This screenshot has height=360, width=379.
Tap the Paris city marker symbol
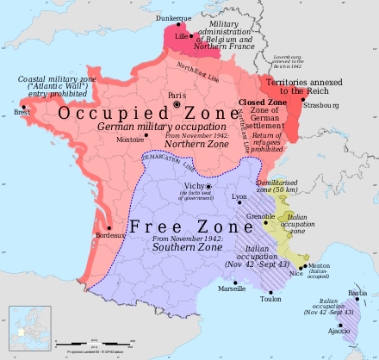pos(177,104)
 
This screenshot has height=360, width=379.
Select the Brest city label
pos(21,112)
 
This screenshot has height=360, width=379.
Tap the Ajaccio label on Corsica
pos(339,331)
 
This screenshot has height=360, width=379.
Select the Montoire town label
pos(131,140)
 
